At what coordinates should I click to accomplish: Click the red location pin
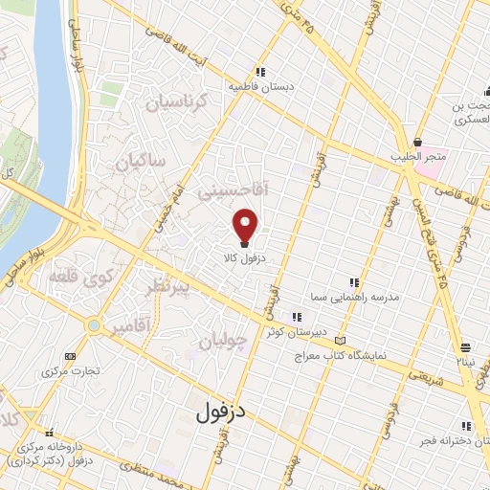coord(247,225)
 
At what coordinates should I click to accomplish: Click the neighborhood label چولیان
coord(226,340)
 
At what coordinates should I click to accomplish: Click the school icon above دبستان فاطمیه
coord(259,71)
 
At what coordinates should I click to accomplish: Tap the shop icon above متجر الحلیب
coord(415,140)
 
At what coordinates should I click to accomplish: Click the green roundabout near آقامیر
coord(93,327)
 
